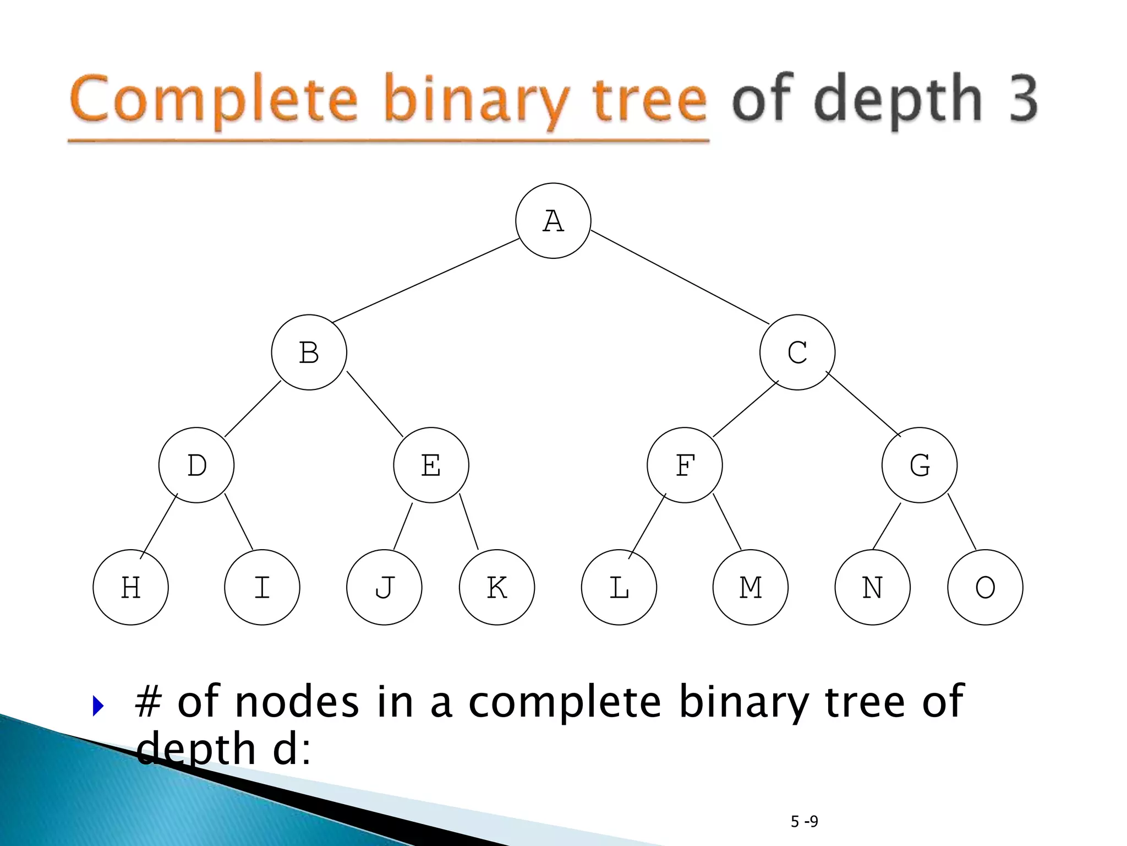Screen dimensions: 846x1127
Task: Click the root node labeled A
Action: (x=553, y=221)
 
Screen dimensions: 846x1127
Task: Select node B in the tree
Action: (x=309, y=352)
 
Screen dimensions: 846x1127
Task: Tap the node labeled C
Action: (x=797, y=352)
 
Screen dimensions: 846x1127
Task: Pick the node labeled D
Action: (x=196, y=465)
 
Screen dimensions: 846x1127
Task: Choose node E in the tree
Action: (x=431, y=465)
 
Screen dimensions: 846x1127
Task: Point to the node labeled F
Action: (x=685, y=465)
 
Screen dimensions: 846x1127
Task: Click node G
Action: (x=920, y=465)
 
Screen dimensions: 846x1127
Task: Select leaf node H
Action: (x=130, y=587)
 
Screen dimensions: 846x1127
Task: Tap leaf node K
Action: (x=497, y=587)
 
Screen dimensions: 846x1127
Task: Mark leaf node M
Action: (x=750, y=587)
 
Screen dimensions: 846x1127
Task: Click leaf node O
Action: (x=985, y=587)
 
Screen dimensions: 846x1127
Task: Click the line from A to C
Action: (x=680, y=277)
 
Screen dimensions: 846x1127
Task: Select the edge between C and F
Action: (x=746, y=409)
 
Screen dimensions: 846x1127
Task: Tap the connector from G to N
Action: (x=887, y=527)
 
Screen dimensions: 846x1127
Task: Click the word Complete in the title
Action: (x=215, y=100)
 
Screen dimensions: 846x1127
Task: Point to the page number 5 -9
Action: (x=804, y=822)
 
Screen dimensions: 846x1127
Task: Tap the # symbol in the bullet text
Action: (x=148, y=703)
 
